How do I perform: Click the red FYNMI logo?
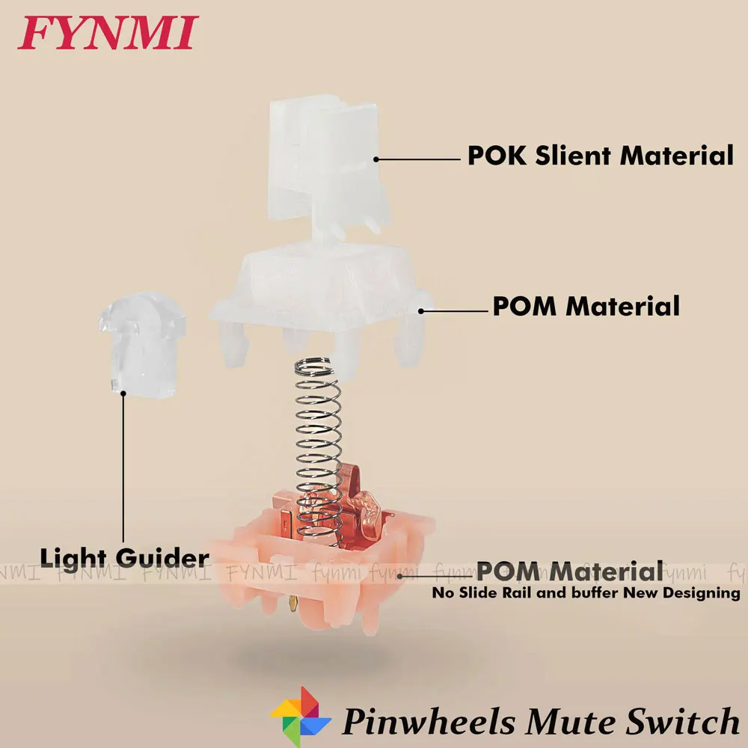click(108, 33)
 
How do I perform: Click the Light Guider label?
click(124, 557)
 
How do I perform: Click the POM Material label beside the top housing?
click(586, 306)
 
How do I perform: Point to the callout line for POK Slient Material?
click(419, 159)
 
